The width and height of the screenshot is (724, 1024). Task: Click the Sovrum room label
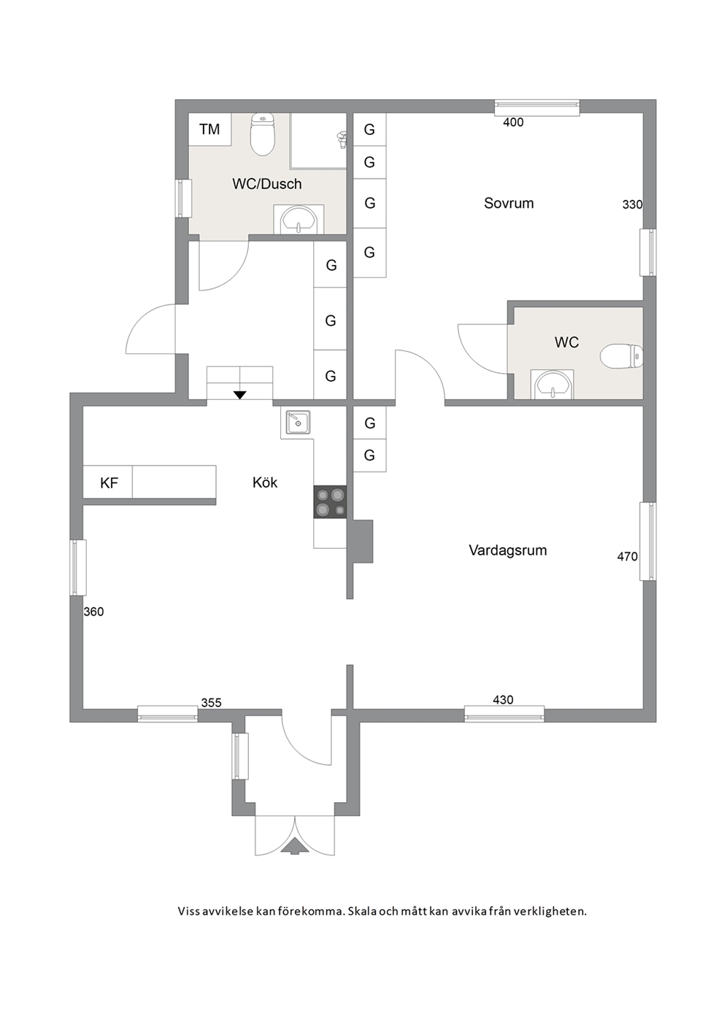(x=509, y=203)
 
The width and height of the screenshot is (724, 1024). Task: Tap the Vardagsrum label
(x=508, y=550)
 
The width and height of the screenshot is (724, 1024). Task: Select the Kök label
(x=265, y=482)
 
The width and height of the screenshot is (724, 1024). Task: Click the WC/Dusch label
(x=267, y=184)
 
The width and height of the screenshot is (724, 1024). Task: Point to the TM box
(x=209, y=129)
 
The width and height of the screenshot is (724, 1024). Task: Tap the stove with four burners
(x=330, y=502)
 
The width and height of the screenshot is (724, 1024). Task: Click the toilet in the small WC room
(x=622, y=357)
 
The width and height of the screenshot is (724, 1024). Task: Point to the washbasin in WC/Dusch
(x=299, y=221)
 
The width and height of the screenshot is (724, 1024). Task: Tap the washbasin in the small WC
(x=552, y=385)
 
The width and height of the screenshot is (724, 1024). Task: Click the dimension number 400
(x=513, y=122)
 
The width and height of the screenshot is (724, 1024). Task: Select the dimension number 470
(x=627, y=556)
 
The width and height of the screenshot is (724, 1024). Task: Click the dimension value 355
(x=211, y=703)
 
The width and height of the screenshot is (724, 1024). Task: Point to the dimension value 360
(x=93, y=612)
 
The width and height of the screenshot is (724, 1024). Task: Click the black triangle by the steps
(x=240, y=395)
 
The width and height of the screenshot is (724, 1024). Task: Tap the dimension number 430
(x=503, y=700)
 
